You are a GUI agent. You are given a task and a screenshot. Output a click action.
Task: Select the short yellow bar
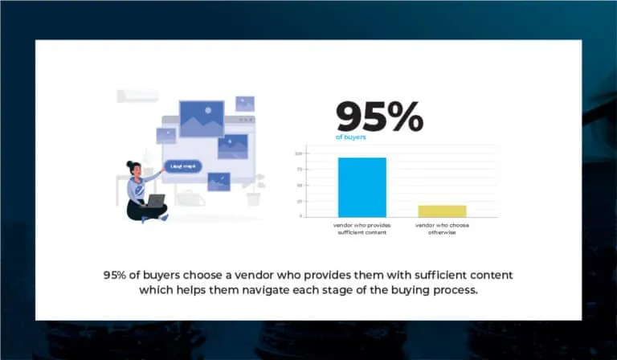(x=442, y=211)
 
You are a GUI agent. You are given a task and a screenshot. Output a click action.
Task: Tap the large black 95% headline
(x=379, y=118)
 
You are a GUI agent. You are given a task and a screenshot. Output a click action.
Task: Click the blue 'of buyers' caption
(x=351, y=137)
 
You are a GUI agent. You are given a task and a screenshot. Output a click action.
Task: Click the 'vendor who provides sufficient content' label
(x=361, y=228)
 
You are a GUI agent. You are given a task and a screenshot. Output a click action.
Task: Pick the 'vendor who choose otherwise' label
(x=442, y=228)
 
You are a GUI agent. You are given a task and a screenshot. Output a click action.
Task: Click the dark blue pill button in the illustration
(x=183, y=167)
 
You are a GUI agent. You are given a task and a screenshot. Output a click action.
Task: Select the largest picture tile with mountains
(x=202, y=118)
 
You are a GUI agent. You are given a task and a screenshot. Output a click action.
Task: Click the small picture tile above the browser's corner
(x=245, y=104)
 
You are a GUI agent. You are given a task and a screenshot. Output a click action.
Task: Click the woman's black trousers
(x=145, y=211)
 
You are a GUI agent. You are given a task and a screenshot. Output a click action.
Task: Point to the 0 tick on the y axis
(x=300, y=216)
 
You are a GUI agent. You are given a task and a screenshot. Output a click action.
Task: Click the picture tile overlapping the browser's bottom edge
(x=219, y=182)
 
